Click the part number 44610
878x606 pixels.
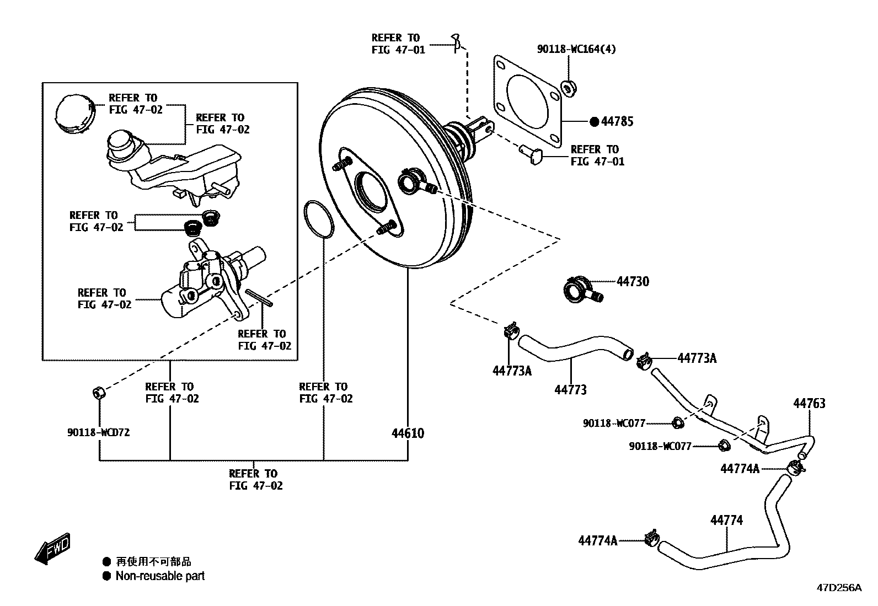408,433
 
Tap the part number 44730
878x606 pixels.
633,282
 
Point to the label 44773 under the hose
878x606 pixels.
570,390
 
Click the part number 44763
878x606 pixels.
809,404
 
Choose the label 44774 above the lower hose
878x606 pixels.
726,520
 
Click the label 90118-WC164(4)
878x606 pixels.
576,49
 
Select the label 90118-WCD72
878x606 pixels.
98,433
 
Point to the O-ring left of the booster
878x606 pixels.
318,219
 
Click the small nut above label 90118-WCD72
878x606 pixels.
98,393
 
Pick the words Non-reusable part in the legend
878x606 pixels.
160,576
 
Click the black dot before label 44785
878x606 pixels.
594,121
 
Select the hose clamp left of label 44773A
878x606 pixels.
643,362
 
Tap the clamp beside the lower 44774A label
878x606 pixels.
652,537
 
